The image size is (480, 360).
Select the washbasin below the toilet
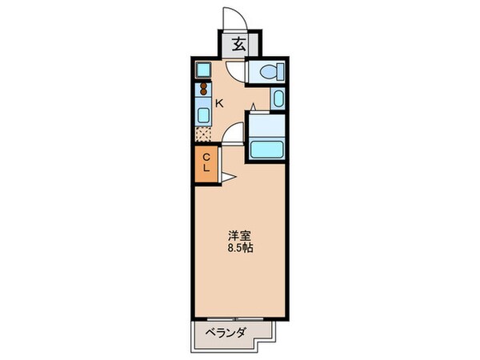click(277, 99)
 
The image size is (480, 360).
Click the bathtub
click(266, 149)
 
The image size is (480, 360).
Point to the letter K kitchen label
click(218, 102)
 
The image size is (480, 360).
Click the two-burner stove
click(204, 89)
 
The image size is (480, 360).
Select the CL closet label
click(205, 163)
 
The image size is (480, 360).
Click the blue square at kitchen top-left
click(204, 69)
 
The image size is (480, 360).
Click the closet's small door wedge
click(229, 176)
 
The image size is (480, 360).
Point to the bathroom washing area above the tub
click(266, 125)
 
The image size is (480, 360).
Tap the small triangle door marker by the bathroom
click(254, 106)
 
